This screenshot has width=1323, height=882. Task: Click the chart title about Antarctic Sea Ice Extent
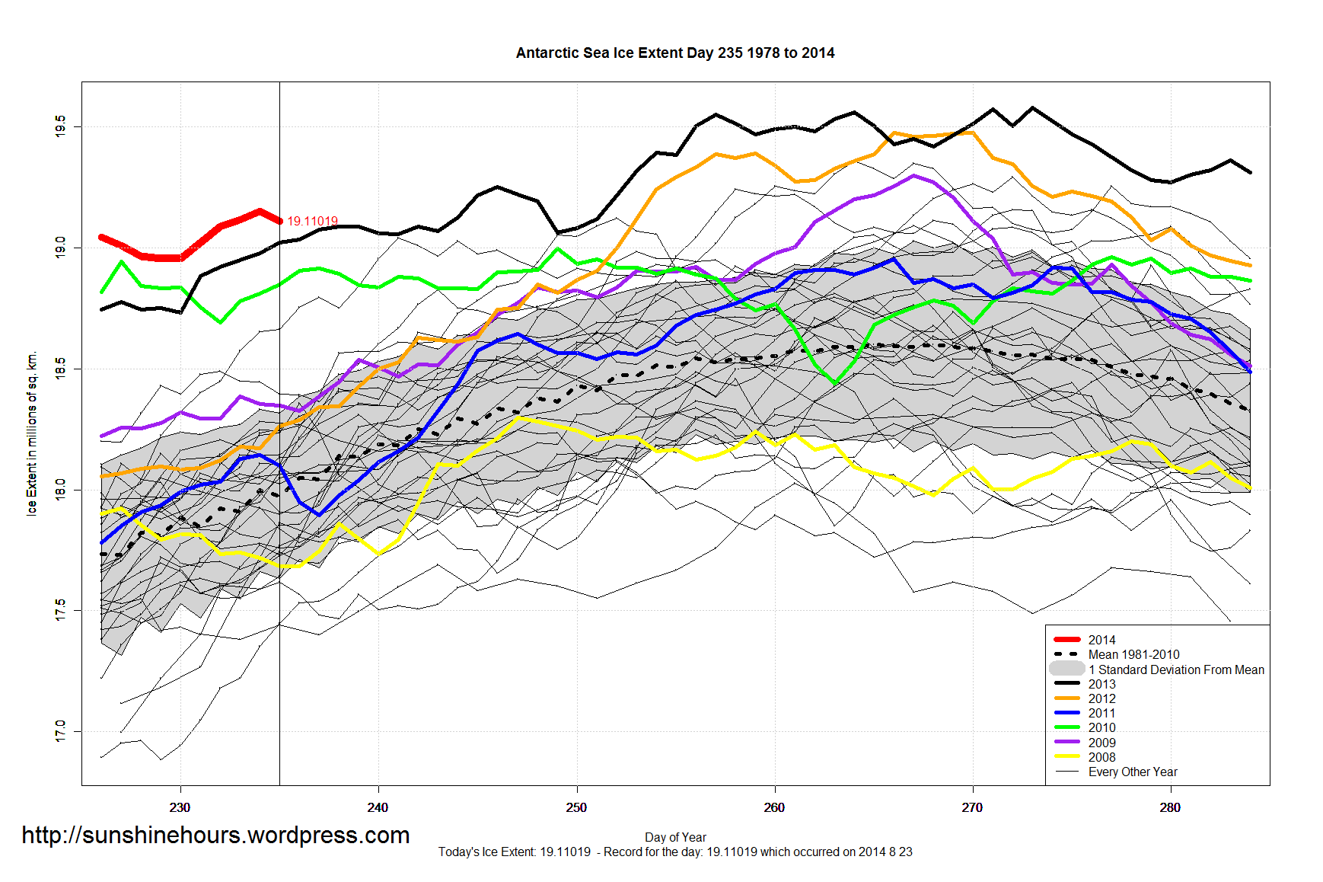coord(674,53)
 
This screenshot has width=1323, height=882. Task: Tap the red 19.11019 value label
coord(312,222)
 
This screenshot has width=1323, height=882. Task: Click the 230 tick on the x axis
coord(180,807)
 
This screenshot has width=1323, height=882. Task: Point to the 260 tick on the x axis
coord(774,807)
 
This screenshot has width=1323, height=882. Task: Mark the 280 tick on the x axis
coord(1170,807)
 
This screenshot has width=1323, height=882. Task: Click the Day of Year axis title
coord(675,837)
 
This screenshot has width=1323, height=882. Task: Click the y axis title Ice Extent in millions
coord(32,434)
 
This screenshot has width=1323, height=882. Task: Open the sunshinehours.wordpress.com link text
coord(215,835)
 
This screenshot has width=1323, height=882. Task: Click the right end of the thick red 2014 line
coord(279,221)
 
